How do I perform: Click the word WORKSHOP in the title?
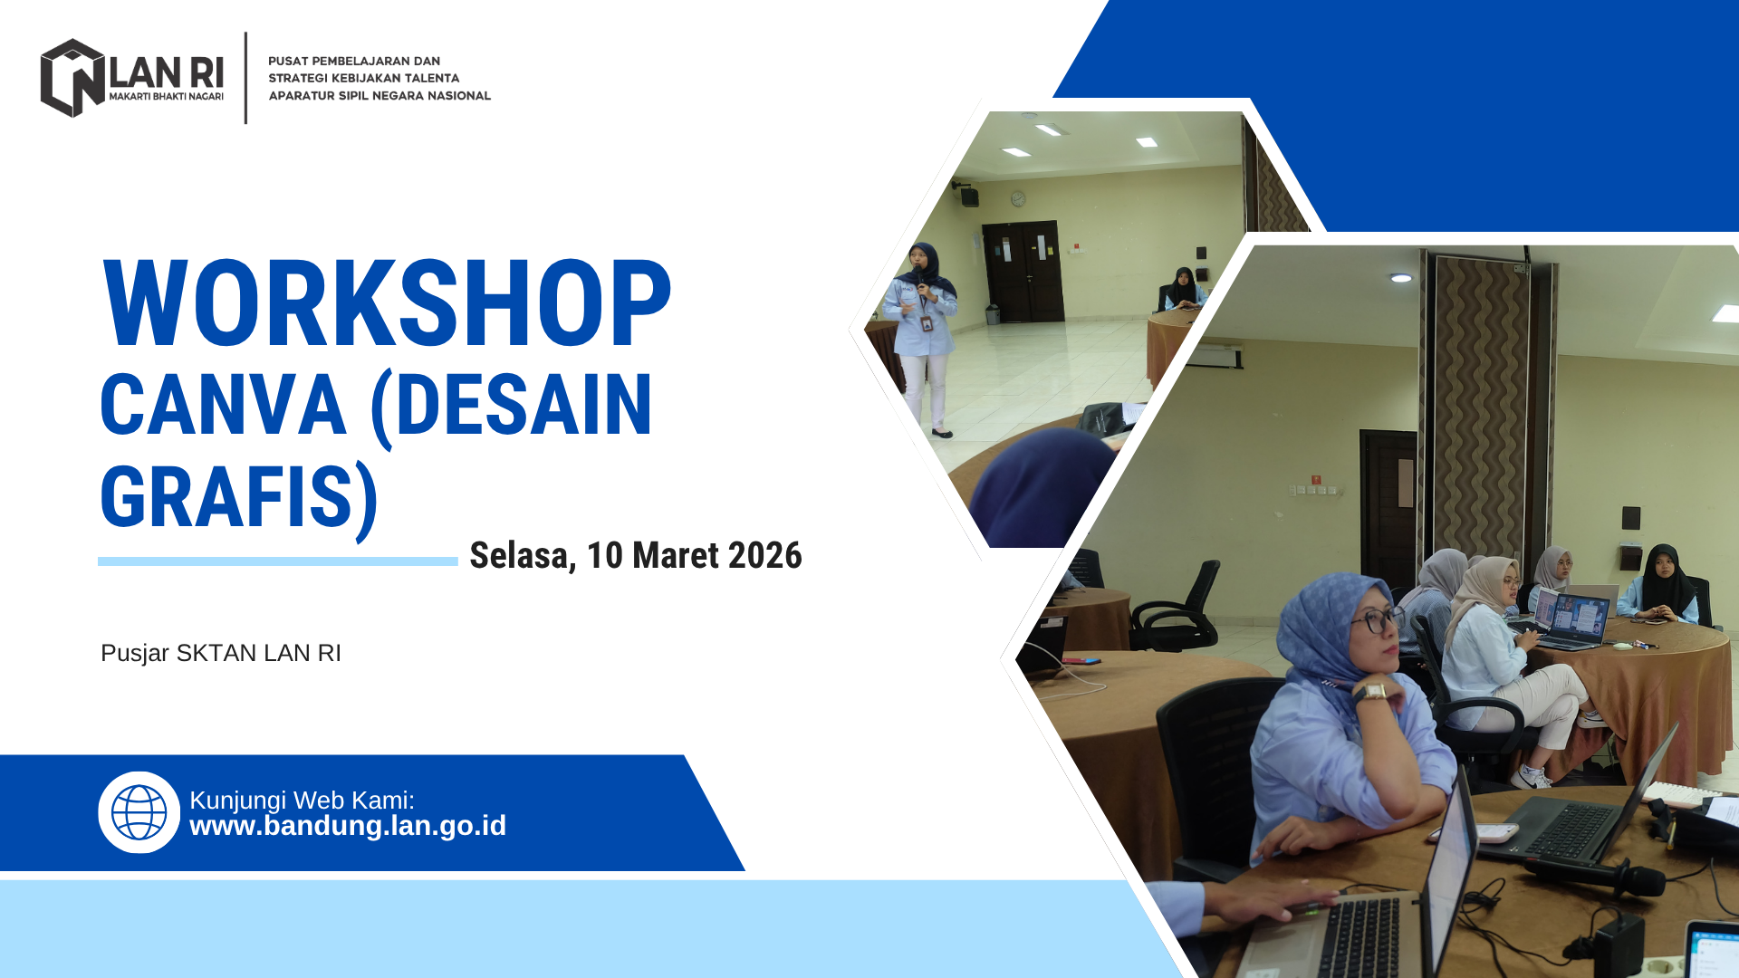(387, 303)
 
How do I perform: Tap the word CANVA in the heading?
(223, 405)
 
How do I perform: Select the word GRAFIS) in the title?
(239, 498)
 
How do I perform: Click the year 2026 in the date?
(764, 555)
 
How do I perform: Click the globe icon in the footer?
(139, 812)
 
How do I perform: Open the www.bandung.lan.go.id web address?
(348, 826)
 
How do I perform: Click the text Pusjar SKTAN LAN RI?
(221, 653)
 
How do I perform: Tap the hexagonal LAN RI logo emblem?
(72, 78)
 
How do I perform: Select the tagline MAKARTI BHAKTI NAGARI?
(166, 96)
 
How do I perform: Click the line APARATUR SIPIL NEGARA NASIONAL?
(380, 95)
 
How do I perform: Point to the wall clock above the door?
(1018, 198)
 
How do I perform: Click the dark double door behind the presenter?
(1023, 272)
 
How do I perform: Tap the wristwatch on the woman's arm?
(1370, 692)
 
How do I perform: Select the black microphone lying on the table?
(1594, 874)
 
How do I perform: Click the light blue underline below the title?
(278, 561)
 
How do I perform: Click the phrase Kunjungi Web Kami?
(302, 800)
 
